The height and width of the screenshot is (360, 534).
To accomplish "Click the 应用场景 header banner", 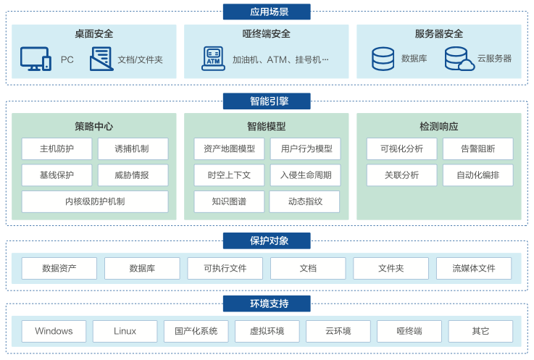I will pos(266,12).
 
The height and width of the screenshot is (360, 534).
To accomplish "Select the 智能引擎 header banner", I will pos(266,101).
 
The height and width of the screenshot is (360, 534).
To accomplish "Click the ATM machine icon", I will pos(213,59).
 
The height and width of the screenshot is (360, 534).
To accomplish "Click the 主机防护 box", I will pos(57,149).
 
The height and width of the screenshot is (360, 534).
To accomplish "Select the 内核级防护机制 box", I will pos(94,201).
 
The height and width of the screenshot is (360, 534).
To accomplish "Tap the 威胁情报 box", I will pos(132,175).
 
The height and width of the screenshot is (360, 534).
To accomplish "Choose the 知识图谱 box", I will pos(229,201).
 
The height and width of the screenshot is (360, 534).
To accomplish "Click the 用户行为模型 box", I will pos(305,149).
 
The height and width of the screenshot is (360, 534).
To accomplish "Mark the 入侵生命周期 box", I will pos(305,175).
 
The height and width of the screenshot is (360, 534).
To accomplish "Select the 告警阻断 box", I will pos(477,149).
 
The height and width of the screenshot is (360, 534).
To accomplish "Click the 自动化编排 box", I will pos(477,175).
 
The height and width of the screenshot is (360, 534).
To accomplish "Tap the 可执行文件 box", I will pos(225,268).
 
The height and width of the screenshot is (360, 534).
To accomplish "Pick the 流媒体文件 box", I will pos(473,268).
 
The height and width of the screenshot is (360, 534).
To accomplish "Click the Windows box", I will pos(54,331).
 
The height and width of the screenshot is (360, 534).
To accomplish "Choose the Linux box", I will pos(125,331).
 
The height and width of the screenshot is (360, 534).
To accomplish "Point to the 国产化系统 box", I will pos(196,331).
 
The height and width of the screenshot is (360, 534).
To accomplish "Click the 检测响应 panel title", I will pos(438,126).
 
